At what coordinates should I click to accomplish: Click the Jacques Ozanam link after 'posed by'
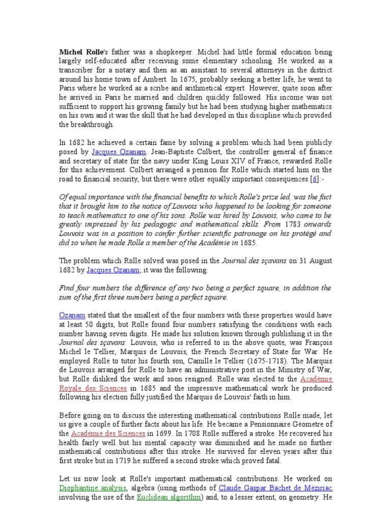(x=114, y=152)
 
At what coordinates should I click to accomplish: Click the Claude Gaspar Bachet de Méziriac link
(x=275, y=488)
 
